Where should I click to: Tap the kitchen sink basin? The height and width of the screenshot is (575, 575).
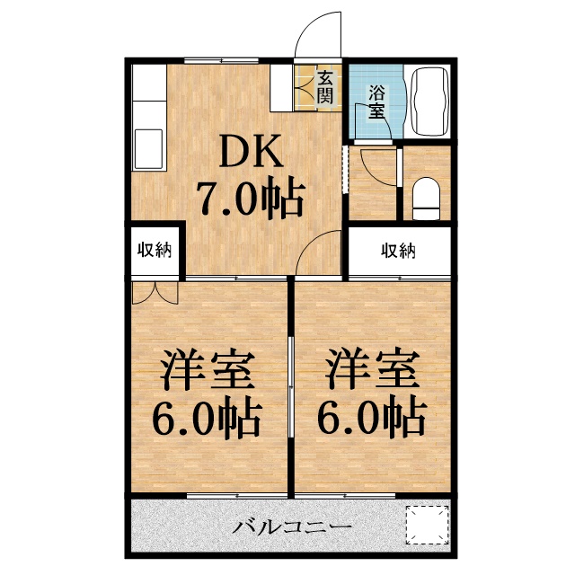(148, 148)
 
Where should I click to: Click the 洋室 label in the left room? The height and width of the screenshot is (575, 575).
(207, 369)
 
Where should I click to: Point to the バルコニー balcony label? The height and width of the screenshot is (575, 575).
(279, 527)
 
